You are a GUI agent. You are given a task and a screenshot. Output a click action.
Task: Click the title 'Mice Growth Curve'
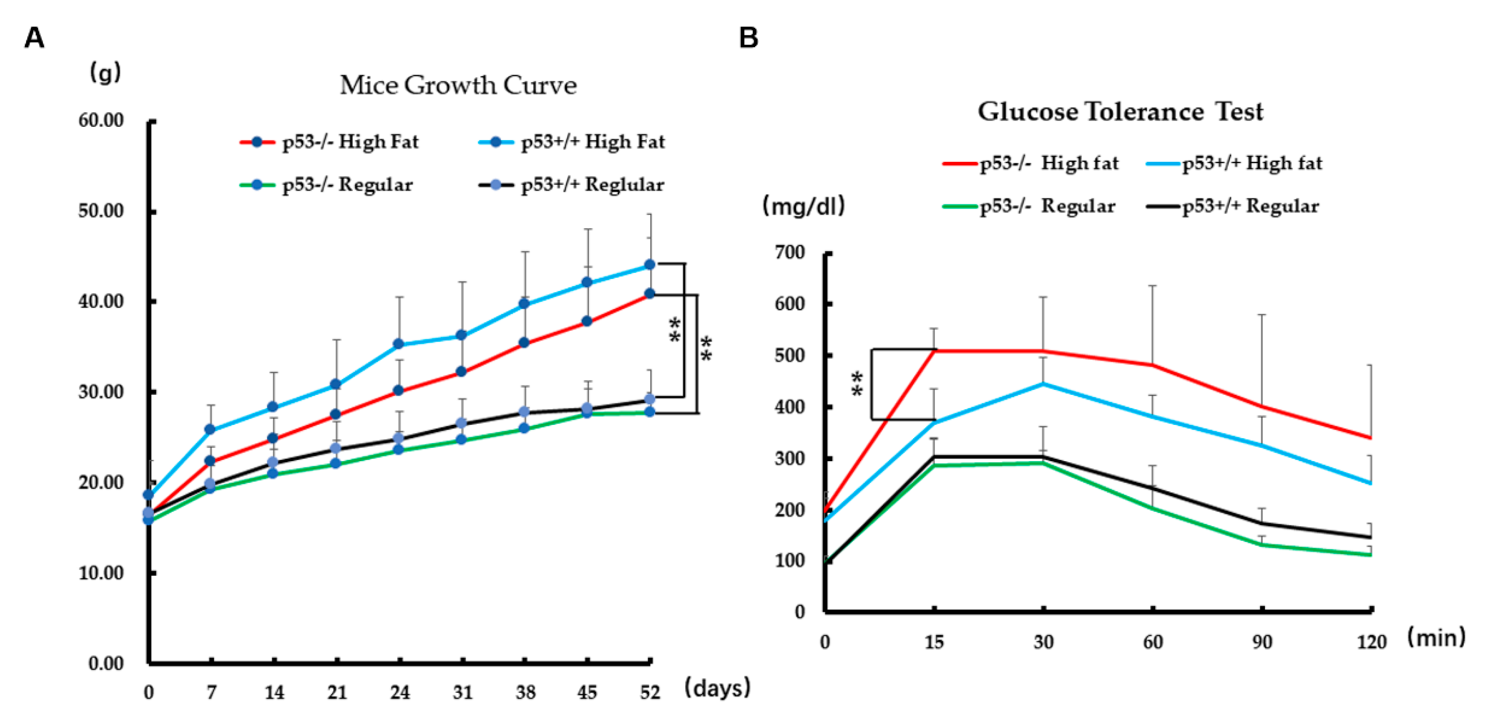point(458,85)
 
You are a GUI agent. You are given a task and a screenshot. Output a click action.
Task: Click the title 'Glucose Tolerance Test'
point(1119,111)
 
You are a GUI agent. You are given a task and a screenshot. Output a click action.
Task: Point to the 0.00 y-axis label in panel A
point(106,664)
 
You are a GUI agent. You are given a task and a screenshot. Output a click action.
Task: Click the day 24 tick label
point(400,692)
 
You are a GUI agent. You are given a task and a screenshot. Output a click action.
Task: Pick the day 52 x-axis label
point(650,692)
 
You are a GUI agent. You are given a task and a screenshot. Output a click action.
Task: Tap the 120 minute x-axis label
point(1371,642)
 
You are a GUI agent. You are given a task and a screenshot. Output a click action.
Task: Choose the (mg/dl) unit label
point(803,206)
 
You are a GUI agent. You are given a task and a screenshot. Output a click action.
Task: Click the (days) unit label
point(717,688)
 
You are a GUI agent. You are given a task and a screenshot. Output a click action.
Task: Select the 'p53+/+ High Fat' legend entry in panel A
point(592,142)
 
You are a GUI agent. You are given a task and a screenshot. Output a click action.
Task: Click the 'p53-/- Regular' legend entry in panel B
point(1047,206)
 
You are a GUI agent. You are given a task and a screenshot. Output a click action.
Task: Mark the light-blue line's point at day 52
point(649,265)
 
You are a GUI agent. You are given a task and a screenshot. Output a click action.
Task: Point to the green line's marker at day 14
point(273,473)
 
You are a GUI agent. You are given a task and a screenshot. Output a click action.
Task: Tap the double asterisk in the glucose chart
point(858,384)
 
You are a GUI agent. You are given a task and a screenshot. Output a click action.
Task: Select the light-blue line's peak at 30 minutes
point(1043,384)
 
